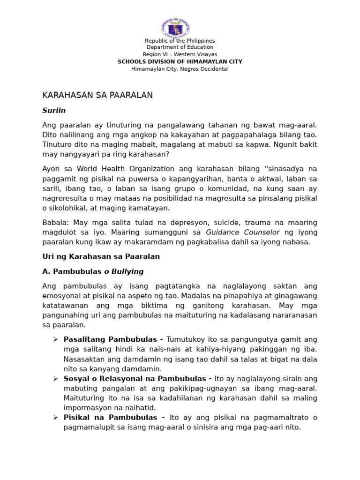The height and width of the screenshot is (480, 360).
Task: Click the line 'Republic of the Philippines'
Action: click(x=180, y=41)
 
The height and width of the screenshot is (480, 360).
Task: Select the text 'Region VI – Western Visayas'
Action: click(x=180, y=54)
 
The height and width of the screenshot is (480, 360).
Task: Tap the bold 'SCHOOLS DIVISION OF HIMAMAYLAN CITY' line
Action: click(x=180, y=62)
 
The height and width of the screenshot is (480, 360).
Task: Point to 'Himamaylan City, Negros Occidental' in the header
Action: click(x=180, y=69)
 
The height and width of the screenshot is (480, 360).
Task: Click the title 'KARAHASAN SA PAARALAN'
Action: click(x=97, y=95)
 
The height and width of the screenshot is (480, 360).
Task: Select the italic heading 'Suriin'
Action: click(x=54, y=111)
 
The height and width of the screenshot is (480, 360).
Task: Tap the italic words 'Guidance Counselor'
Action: click(x=243, y=232)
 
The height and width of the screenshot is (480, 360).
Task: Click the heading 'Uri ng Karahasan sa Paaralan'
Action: click(x=101, y=256)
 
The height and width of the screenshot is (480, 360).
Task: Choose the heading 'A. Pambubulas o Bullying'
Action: click(x=93, y=271)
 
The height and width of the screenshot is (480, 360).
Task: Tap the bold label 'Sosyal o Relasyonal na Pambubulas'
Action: click(x=134, y=378)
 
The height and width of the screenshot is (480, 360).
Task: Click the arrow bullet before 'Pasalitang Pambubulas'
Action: click(x=55, y=339)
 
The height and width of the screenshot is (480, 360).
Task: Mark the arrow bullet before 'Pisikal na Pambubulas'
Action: click(x=55, y=417)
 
